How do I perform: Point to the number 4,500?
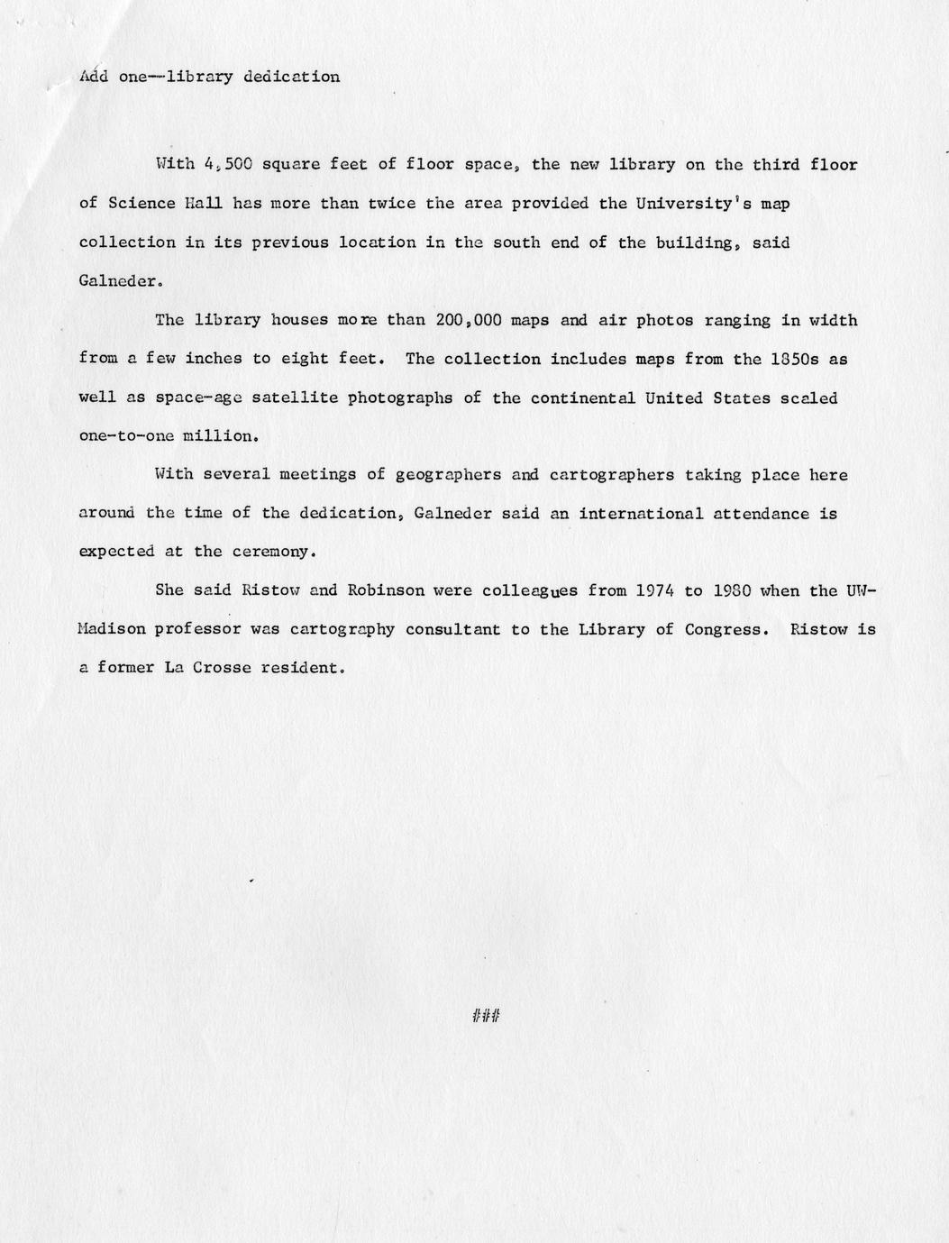click(x=228, y=165)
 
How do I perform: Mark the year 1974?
click(x=655, y=590)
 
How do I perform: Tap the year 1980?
click(x=732, y=590)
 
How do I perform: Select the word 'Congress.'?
click(x=726, y=629)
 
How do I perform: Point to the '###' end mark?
click(x=486, y=1017)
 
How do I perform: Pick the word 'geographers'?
click(x=449, y=474)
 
